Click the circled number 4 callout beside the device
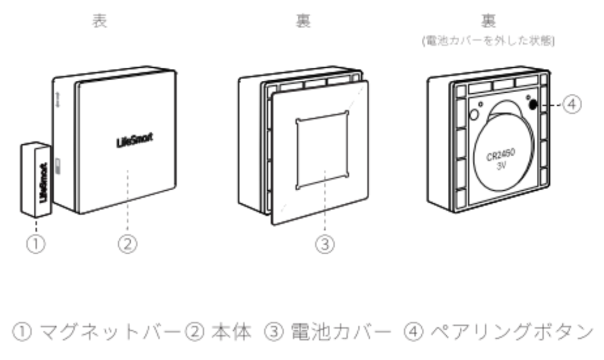click(571, 105)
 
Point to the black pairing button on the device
click(532, 104)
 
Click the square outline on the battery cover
click(322, 153)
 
